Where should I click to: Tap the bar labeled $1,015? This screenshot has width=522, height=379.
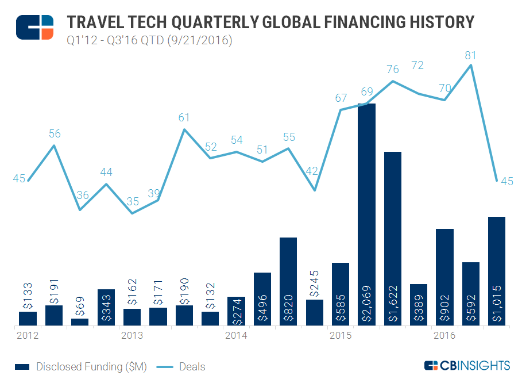point(496,271)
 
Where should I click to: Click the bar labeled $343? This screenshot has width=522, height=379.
point(106,307)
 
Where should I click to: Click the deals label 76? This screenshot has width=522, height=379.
point(393,70)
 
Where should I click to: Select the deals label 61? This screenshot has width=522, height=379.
point(184,118)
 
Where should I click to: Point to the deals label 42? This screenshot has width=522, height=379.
point(313,171)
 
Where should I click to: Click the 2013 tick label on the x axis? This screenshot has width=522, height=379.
point(132,335)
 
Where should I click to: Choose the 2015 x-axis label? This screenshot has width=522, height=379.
point(341,335)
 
